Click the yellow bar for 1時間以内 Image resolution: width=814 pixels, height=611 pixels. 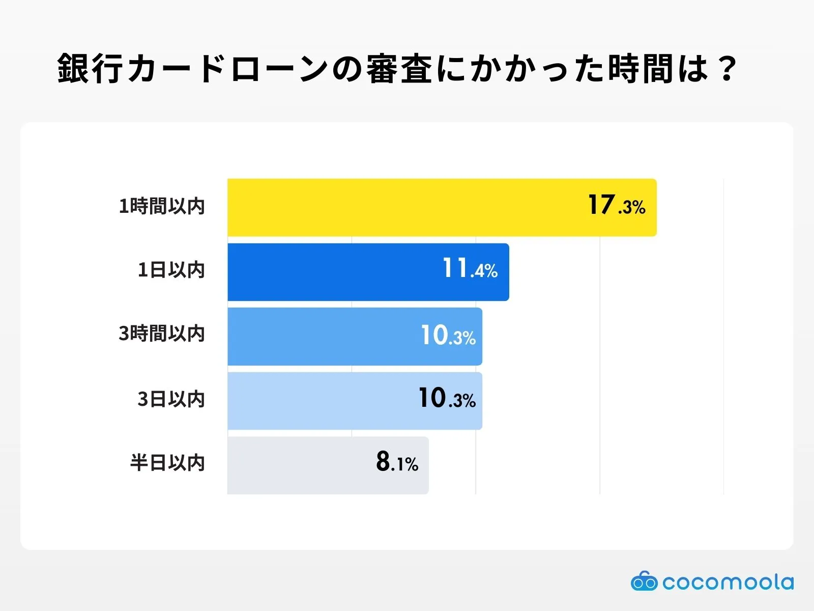pyautogui.click(x=407, y=207)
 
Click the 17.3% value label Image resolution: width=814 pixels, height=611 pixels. pyautogui.click(x=616, y=206)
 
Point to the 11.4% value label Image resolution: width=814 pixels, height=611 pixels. pyautogui.click(x=470, y=269)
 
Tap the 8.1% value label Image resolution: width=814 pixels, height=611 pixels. pyautogui.click(x=397, y=462)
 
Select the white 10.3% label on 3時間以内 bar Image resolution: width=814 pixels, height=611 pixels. pyautogui.click(x=448, y=336)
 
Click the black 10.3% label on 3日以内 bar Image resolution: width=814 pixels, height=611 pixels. pyautogui.click(x=447, y=399)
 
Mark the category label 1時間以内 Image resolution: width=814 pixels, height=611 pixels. pyautogui.click(x=162, y=206)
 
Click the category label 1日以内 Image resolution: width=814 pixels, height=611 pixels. pyautogui.click(x=171, y=270)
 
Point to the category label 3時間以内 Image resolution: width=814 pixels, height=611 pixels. pyautogui.click(x=162, y=334)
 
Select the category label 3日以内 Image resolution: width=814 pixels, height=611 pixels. pyautogui.click(x=171, y=399)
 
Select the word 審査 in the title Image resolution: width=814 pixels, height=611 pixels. pyautogui.click(x=399, y=68)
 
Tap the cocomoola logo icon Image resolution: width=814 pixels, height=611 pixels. pyautogui.click(x=644, y=581)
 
